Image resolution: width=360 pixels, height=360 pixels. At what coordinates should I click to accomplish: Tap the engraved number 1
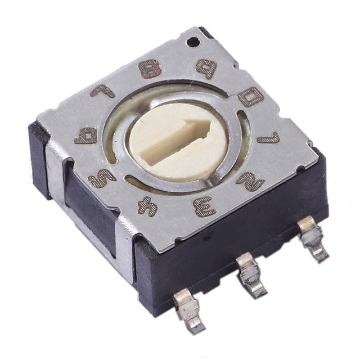pyautogui.click(x=268, y=137)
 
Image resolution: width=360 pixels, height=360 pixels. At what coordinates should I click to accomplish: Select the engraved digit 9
pyautogui.click(x=206, y=69)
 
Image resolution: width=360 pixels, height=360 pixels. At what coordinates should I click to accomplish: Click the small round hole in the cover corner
pyautogui.click(x=195, y=40)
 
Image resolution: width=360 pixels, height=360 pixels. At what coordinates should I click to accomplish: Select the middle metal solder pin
pyautogui.click(x=249, y=273)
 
